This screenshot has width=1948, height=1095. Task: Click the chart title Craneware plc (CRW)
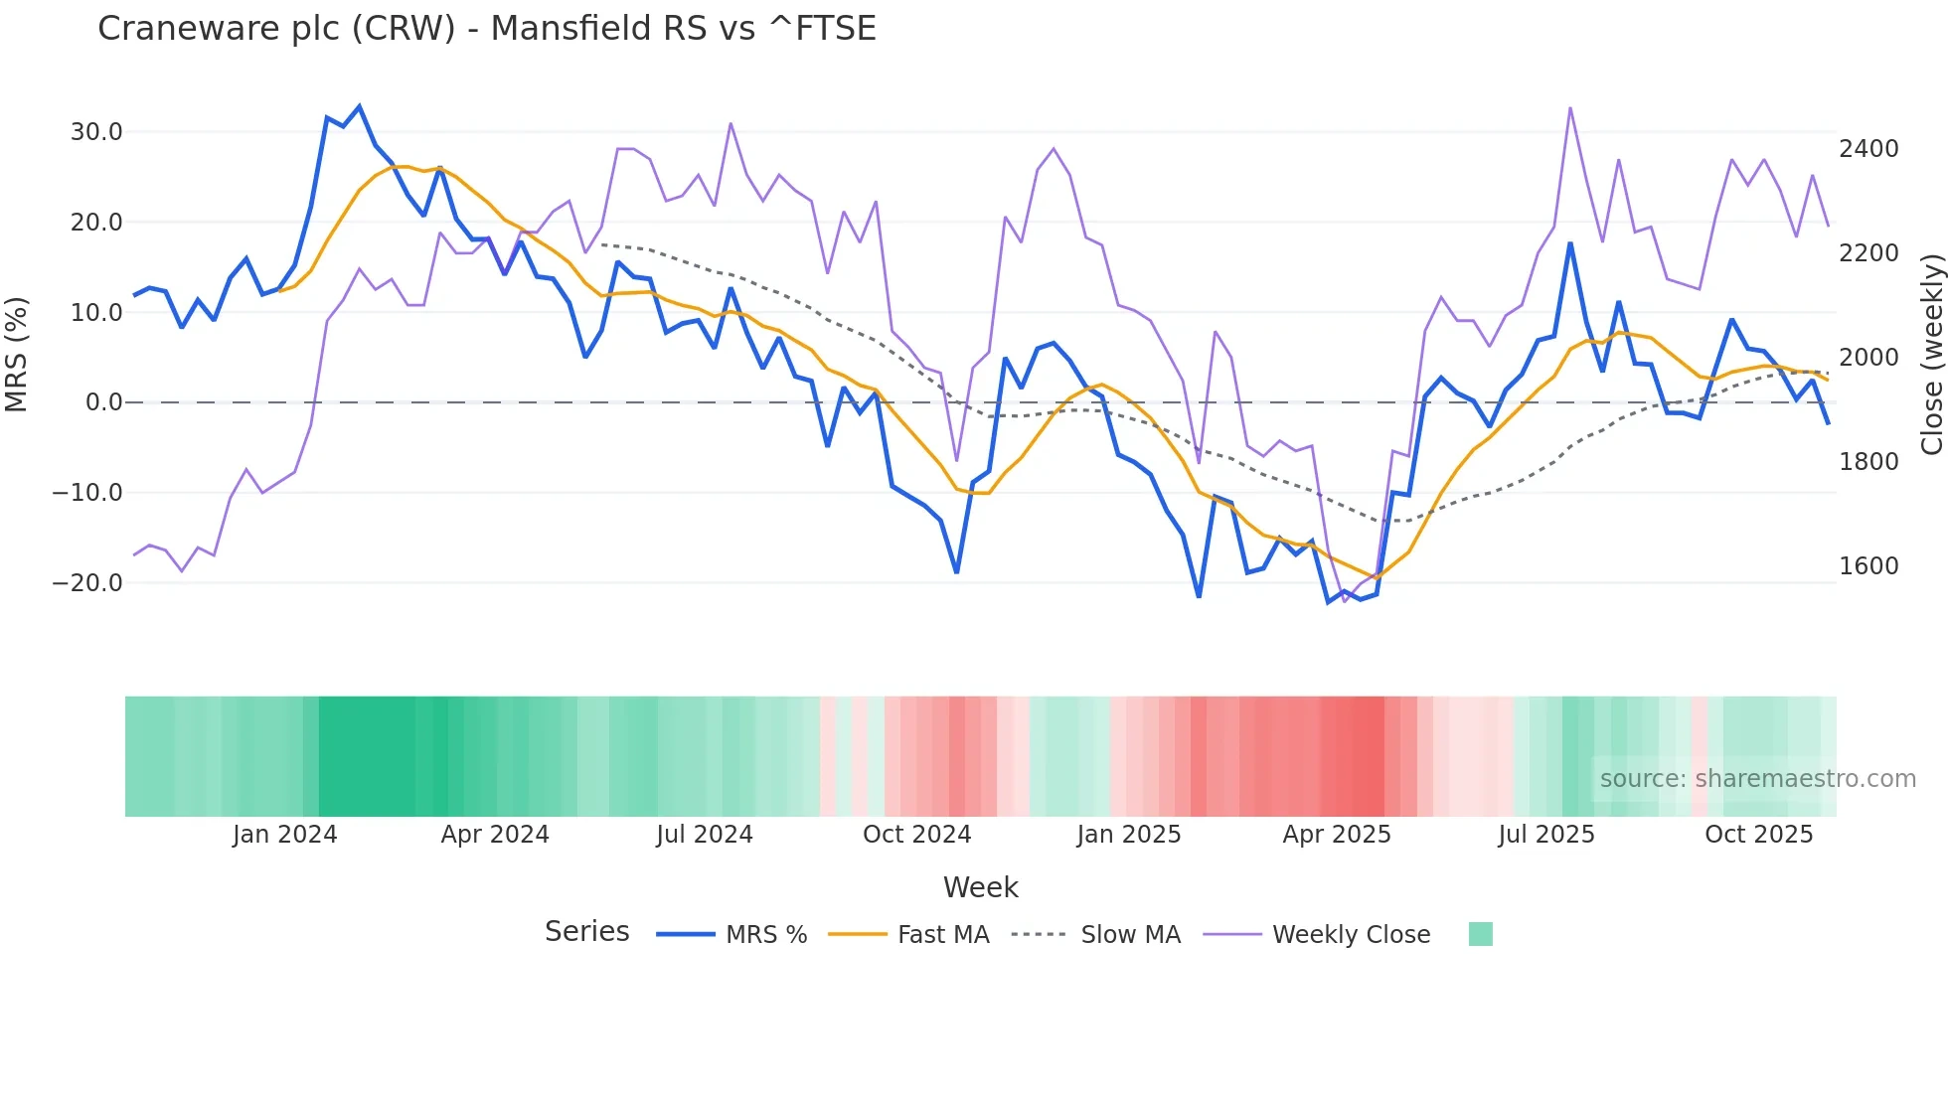click(x=486, y=29)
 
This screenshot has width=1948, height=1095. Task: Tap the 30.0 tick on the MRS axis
click(x=96, y=132)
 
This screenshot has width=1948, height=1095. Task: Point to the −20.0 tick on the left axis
click(x=87, y=583)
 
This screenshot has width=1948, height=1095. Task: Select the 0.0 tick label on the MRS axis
click(x=103, y=402)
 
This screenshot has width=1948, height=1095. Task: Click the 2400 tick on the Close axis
click(x=1868, y=149)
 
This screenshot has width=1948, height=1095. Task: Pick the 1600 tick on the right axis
click(x=1868, y=566)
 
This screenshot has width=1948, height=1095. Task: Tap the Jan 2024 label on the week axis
click(x=284, y=835)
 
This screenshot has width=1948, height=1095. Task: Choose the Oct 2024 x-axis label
click(x=916, y=835)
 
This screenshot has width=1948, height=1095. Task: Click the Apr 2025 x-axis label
click(x=1337, y=835)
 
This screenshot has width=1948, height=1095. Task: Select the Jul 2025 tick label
click(x=1546, y=835)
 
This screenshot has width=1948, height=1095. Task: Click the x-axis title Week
click(x=980, y=887)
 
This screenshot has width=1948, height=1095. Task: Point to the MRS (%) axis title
click(x=17, y=355)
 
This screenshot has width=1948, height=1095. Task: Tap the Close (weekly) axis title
click(x=1931, y=355)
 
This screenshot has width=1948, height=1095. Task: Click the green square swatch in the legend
click(x=1480, y=934)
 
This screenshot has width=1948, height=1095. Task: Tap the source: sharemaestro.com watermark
click(x=1757, y=779)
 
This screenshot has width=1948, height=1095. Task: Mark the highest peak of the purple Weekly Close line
click(x=1570, y=108)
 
